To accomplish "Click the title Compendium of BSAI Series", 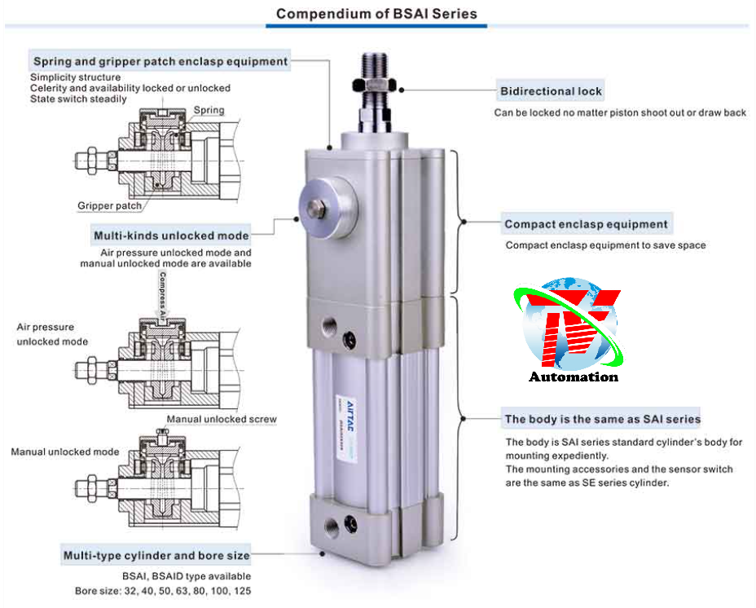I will point(376,14).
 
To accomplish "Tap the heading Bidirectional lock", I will point(552,90).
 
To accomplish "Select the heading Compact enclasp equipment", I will point(586,224).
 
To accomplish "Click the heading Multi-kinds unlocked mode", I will point(171,236).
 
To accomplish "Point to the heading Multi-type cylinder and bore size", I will point(156,555).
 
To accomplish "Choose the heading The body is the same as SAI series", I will point(602,419).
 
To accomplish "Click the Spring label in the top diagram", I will point(209,110).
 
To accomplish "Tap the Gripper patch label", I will point(110,206).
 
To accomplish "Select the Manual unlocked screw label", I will point(222,419).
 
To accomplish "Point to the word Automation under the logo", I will point(574,377).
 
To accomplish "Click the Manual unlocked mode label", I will point(65,452).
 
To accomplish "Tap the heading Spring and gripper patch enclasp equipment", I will point(160,61).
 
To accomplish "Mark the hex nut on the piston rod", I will point(375,86).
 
